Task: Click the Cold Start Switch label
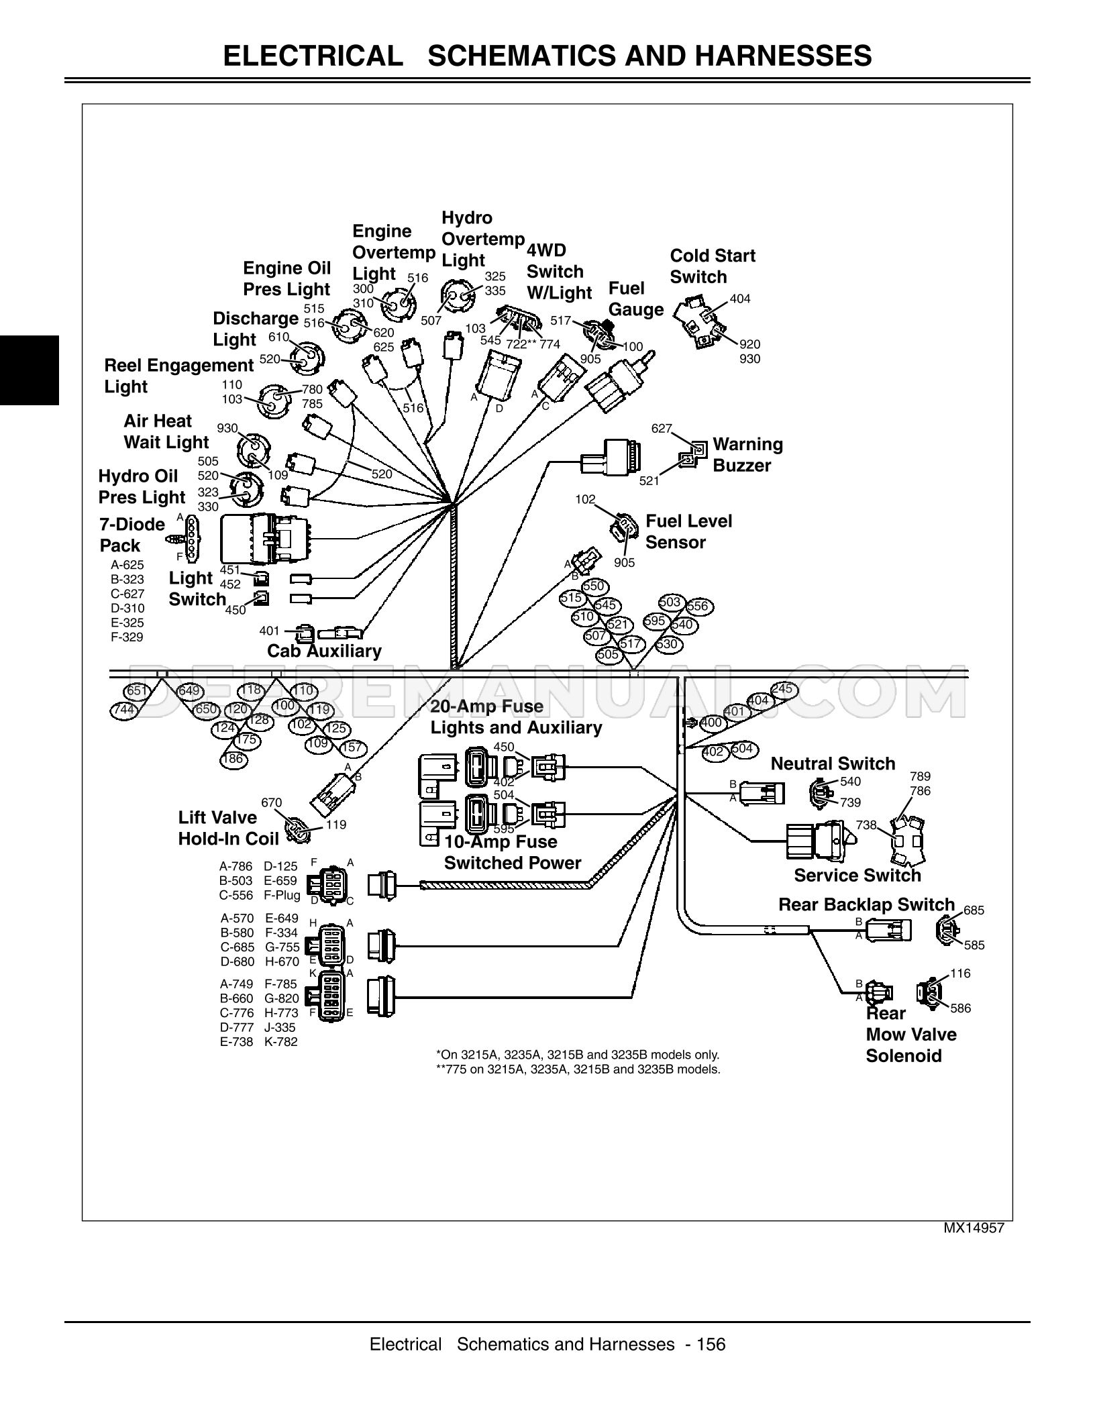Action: (x=712, y=266)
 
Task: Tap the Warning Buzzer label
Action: (x=747, y=455)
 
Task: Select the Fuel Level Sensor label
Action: (x=688, y=532)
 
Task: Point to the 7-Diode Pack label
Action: (x=132, y=535)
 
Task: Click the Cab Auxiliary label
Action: (x=324, y=651)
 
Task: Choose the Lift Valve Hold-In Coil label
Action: (x=227, y=828)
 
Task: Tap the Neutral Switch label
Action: (x=833, y=764)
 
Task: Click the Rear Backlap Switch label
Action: (x=866, y=904)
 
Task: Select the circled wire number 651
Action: (x=136, y=691)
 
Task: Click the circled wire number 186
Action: (x=232, y=759)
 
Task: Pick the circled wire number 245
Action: (x=782, y=689)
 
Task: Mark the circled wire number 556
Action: (x=697, y=607)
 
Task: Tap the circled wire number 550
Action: (x=593, y=586)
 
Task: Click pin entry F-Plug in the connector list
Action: (x=282, y=895)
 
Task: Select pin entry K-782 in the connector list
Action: (x=281, y=1042)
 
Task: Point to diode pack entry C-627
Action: (x=127, y=594)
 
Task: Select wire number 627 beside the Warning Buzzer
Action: (x=662, y=428)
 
